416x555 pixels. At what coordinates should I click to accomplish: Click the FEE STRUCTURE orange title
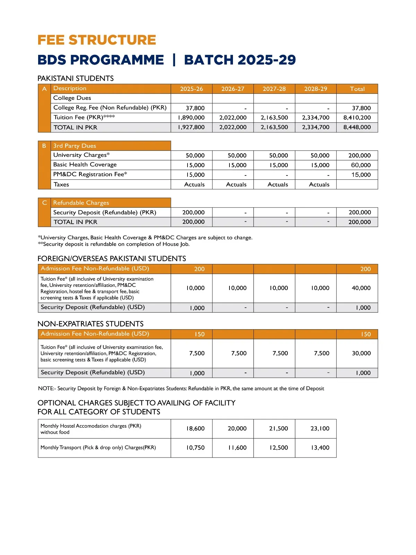pos(97,40)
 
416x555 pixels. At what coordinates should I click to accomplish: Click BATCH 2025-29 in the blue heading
pos(240,60)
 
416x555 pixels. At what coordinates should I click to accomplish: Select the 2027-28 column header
pos(274,89)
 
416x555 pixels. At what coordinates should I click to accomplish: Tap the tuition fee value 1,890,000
pos(191,118)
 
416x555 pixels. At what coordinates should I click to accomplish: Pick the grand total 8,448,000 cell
pos(357,127)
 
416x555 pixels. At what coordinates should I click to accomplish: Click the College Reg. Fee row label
pos(110,108)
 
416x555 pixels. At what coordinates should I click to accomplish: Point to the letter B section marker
pos(44,146)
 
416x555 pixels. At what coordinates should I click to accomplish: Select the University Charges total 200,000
pos(359,155)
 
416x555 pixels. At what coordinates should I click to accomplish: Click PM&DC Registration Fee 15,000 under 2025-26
pos(195,175)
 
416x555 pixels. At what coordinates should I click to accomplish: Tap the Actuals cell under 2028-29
pos(319,185)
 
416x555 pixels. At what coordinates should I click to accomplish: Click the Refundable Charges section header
pos(81,203)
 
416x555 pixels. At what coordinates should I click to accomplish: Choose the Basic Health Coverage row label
pos(85,165)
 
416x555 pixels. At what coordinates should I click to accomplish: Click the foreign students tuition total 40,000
pos(361,288)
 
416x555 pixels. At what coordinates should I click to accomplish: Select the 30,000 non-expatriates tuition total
pos(361,353)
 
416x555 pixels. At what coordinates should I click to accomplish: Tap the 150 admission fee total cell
pos(366,334)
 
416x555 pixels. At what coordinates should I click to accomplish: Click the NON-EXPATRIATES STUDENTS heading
pos(90,324)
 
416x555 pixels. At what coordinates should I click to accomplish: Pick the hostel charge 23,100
pos(320,428)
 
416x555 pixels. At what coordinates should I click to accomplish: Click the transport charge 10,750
pos(195,447)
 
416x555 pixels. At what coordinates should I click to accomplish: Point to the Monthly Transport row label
pos(98,447)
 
